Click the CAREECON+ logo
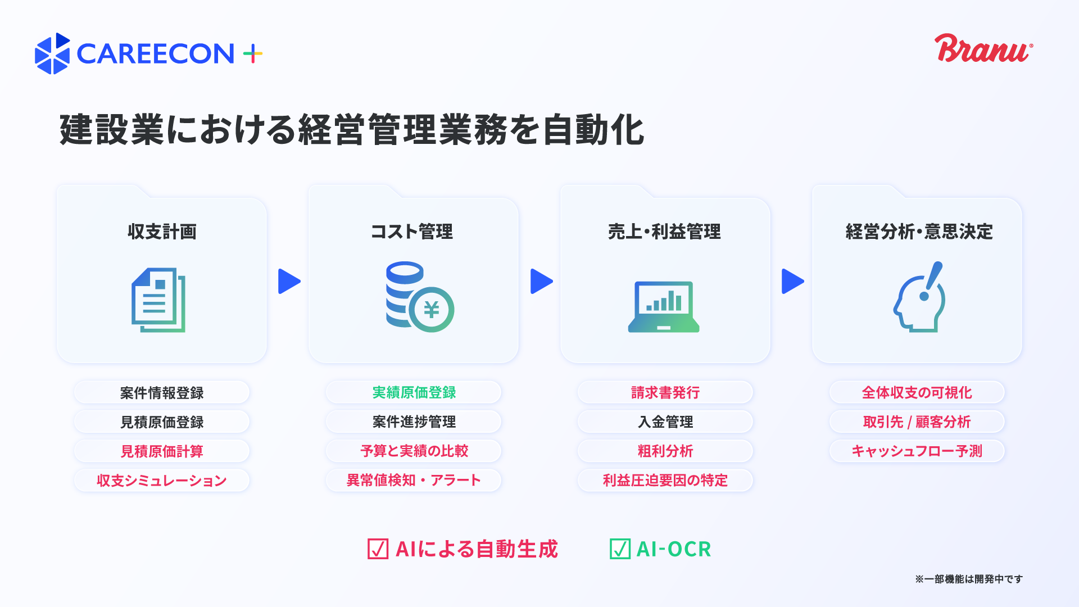tap(149, 53)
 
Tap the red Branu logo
tap(983, 48)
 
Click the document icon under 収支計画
tap(158, 300)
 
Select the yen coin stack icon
tap(420, 297)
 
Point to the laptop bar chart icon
tap(664, 307)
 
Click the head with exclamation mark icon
tap(919, 297)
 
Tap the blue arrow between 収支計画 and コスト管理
tap(289, 282)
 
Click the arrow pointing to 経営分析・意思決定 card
tap(793, 282)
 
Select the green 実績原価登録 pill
tap(414, 392)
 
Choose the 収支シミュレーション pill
tap(162, 481)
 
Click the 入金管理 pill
tap(665, 422)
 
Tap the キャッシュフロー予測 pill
tap(917, 451)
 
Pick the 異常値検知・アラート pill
tap(414, 481)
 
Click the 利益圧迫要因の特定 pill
tap(665, 481)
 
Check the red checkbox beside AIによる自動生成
tap(378, 549)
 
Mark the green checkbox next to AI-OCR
tap(620, 549)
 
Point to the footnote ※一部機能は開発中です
tap(969, 579)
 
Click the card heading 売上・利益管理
tap(664, 232)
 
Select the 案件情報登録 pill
tap(162, 392)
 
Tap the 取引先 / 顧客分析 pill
tap(917, 422)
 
